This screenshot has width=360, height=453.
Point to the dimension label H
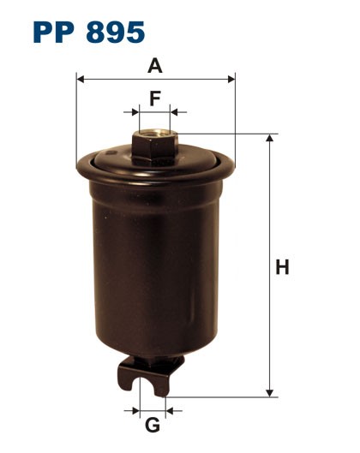(281, 267)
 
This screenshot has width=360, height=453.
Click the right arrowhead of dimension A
(231, 80)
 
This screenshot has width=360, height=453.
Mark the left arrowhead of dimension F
(134, 112)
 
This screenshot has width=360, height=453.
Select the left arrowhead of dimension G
(136, 411)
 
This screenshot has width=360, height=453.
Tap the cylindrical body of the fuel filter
(154, 265)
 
